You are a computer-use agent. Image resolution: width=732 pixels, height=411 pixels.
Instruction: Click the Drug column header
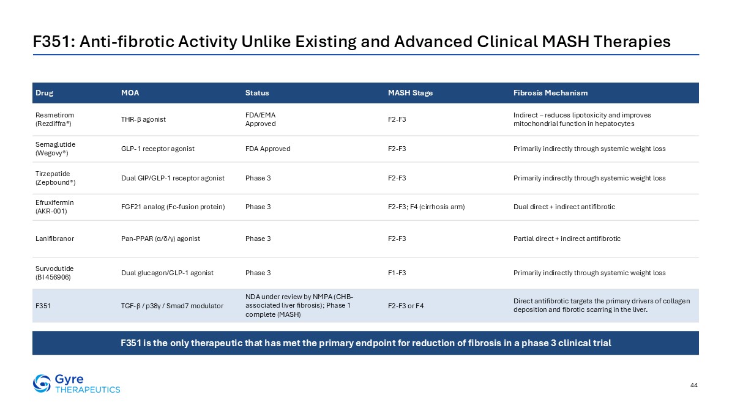(44, 93)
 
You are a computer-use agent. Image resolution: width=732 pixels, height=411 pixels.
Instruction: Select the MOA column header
(130, 93)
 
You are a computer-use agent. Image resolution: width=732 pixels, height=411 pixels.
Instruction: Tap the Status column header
(257, 93)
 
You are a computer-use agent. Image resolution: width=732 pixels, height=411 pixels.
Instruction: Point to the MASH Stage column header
(410, 93)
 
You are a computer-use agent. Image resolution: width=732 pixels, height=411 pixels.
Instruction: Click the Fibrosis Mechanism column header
(550, 93)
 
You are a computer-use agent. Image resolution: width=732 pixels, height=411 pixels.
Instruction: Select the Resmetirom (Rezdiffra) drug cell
(54, 119)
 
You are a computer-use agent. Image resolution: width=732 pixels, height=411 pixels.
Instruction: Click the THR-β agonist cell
(143, 119)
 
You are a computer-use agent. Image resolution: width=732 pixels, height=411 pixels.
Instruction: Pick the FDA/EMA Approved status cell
(261, 119)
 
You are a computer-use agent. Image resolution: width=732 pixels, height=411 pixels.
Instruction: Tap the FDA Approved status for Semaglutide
(268, 149)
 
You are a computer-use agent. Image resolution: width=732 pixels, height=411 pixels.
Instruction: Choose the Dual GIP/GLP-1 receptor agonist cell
(173, 178)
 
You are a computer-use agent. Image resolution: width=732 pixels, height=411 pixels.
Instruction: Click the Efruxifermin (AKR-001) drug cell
(54, 207)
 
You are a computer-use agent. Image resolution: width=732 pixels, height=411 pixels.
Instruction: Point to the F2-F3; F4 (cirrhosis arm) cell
(426, 207)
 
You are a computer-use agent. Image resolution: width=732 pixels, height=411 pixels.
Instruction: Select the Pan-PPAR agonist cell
(160, 239)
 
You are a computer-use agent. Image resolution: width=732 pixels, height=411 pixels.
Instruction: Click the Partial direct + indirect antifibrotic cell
(567, 239)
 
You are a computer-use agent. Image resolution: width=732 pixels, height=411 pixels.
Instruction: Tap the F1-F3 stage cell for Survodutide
(397, 273)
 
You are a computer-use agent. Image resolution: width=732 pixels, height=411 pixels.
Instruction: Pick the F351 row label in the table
(43, 306)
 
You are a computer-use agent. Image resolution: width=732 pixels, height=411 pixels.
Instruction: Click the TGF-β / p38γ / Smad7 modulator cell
(172, 306)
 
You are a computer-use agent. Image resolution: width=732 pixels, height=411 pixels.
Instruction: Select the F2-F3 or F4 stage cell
(406, 306)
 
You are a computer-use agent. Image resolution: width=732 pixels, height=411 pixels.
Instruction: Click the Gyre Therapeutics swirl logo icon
(42, 383)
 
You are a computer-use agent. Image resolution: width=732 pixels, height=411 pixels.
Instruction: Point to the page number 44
(693, 385)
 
